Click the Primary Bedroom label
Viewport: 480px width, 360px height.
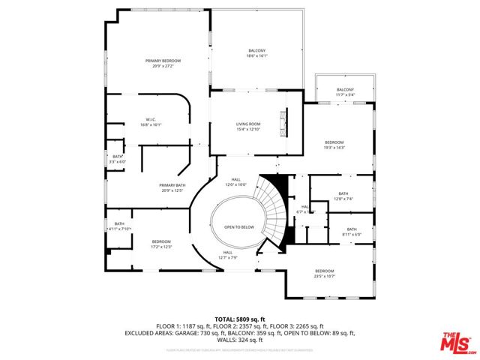pos(163,63)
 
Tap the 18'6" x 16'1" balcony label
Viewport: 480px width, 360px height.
pos(256,53)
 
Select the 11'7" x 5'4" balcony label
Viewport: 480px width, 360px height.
pos(345,92)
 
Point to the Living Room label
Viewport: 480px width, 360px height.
pos(249,127)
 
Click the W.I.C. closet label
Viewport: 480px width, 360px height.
pos(150,123)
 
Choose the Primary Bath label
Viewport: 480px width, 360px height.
pos(171,187)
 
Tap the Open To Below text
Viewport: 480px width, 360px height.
pos(238,226)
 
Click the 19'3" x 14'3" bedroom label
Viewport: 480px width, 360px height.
pos(334,145)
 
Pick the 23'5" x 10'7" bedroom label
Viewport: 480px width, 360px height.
pos(324,272)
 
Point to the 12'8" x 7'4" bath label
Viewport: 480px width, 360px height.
pos(343,196)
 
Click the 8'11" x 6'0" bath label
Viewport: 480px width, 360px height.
pos(352,232)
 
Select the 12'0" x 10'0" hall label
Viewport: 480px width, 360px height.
pos(236,181)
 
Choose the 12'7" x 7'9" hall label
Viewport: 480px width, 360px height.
pos(228,256)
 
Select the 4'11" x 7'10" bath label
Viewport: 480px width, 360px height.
pos(120,226)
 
